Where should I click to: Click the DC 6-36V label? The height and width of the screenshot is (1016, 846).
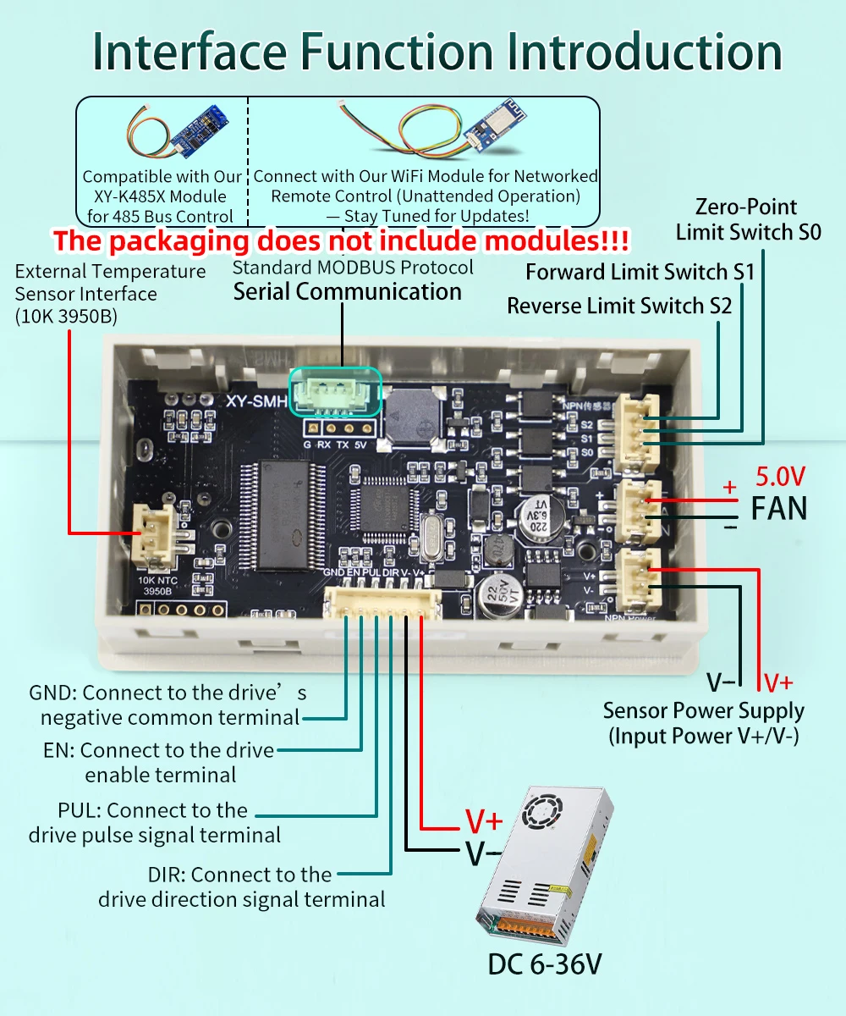click(544, 964)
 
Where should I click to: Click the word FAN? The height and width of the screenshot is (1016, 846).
click(779, 509)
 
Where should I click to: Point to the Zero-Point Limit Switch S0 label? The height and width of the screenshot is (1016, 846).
click(748, 219)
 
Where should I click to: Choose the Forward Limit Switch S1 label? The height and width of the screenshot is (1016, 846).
click(640, 272)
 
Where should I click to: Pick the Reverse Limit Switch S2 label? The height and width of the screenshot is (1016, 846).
click(619, 306)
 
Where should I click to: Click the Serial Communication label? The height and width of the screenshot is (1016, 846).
click(347, 292)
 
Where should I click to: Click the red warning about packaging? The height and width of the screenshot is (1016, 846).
click(341, 241)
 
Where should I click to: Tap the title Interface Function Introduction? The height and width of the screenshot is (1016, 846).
click(437, 52)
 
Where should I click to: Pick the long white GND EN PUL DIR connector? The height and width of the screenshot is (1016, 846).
click(382, 602)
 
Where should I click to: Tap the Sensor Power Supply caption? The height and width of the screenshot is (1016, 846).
click(703, 723)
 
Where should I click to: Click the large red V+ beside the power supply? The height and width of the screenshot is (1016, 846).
click(484, 821)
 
